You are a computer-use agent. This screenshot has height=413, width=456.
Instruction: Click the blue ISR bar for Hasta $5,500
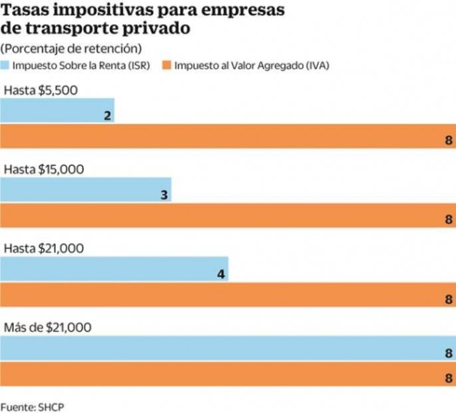[x=57, y=111]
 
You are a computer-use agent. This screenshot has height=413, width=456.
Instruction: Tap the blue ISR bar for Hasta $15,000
[x=86, y=190]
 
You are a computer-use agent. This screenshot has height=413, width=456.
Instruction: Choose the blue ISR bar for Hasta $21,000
[x=114, y=269]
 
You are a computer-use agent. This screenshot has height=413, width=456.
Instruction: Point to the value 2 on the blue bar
[x=107, y=115]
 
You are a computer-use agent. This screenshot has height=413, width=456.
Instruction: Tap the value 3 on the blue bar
[x=163, y=195]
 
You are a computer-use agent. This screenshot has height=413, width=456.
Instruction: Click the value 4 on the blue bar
[x=220, y=274]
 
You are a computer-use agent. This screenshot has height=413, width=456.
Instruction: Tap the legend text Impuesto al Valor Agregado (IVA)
[x=252, y=65]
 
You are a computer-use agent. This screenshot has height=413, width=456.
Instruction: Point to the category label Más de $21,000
[x=47, y=328]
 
